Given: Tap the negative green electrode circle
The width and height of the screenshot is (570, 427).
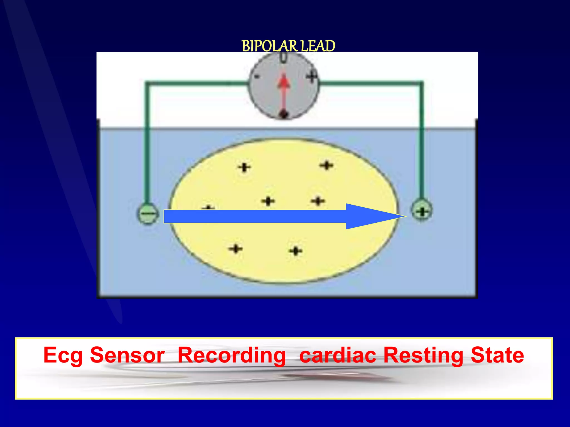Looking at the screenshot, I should point(148,214).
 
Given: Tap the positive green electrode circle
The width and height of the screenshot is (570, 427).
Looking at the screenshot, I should point(422,211).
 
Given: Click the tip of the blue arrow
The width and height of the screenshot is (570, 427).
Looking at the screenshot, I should point(405,216).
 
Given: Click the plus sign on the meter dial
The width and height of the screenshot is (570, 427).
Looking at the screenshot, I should point(312,76).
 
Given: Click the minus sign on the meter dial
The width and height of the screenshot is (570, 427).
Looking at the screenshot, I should point(257,77).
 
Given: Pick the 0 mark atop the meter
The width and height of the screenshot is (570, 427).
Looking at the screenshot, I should point(283,58).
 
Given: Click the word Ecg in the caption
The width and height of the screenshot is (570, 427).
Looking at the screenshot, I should point(63,356).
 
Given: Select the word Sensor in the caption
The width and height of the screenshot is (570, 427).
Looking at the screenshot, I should point(127,355).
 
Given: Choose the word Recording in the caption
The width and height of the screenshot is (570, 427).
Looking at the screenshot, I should point(232,356).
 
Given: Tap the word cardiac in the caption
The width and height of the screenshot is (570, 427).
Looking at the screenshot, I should point(338,355).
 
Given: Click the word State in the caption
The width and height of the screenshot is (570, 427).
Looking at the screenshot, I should point(497,355).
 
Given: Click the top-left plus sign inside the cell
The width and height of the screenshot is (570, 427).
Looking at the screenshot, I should point(244,168).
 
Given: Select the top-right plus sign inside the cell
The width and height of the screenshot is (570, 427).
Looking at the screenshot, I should point(326,166).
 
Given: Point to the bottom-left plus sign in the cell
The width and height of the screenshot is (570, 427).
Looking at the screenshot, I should point(235,249).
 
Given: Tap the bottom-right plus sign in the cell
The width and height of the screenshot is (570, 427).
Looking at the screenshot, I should point(296,251).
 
